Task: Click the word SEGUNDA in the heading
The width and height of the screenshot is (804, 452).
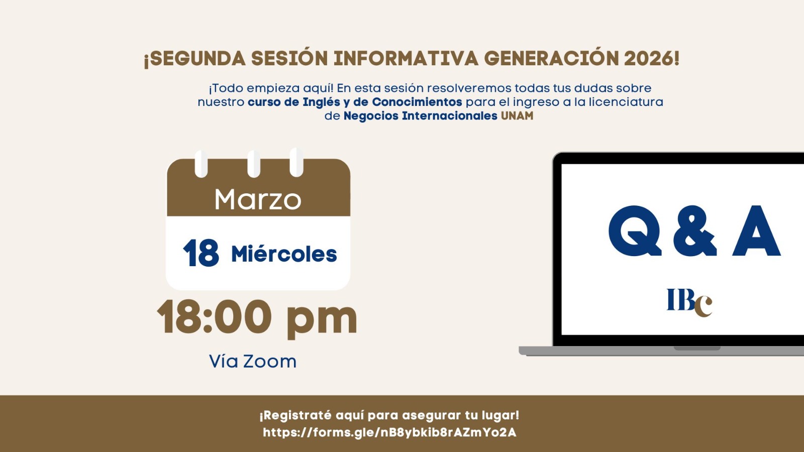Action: point(197,59)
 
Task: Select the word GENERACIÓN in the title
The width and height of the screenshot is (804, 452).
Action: point(551,59)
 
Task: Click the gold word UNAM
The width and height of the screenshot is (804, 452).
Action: point(517,116)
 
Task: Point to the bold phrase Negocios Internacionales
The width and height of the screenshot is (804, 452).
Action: point(420,116)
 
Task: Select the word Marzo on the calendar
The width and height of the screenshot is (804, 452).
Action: point(258,199)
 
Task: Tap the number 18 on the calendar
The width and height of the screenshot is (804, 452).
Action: point(201,253)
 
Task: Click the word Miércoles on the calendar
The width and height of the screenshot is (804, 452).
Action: point(284,254)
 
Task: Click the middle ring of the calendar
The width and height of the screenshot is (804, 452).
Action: point(254,163)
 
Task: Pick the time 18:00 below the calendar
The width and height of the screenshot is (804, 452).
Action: point(215,317)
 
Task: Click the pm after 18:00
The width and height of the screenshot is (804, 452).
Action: point(322,319)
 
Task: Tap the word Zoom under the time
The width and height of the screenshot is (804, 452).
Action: point(270,361)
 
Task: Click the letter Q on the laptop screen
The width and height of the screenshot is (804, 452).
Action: point(635,231)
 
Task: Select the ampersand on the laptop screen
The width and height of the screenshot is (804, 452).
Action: point(695,231)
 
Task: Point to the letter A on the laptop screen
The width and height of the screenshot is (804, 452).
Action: point(756,231)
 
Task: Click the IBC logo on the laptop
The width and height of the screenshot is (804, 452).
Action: point(689,302)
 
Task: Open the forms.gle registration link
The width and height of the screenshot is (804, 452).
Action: point(389,432)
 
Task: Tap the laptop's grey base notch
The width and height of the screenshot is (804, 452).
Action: point(697,348)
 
